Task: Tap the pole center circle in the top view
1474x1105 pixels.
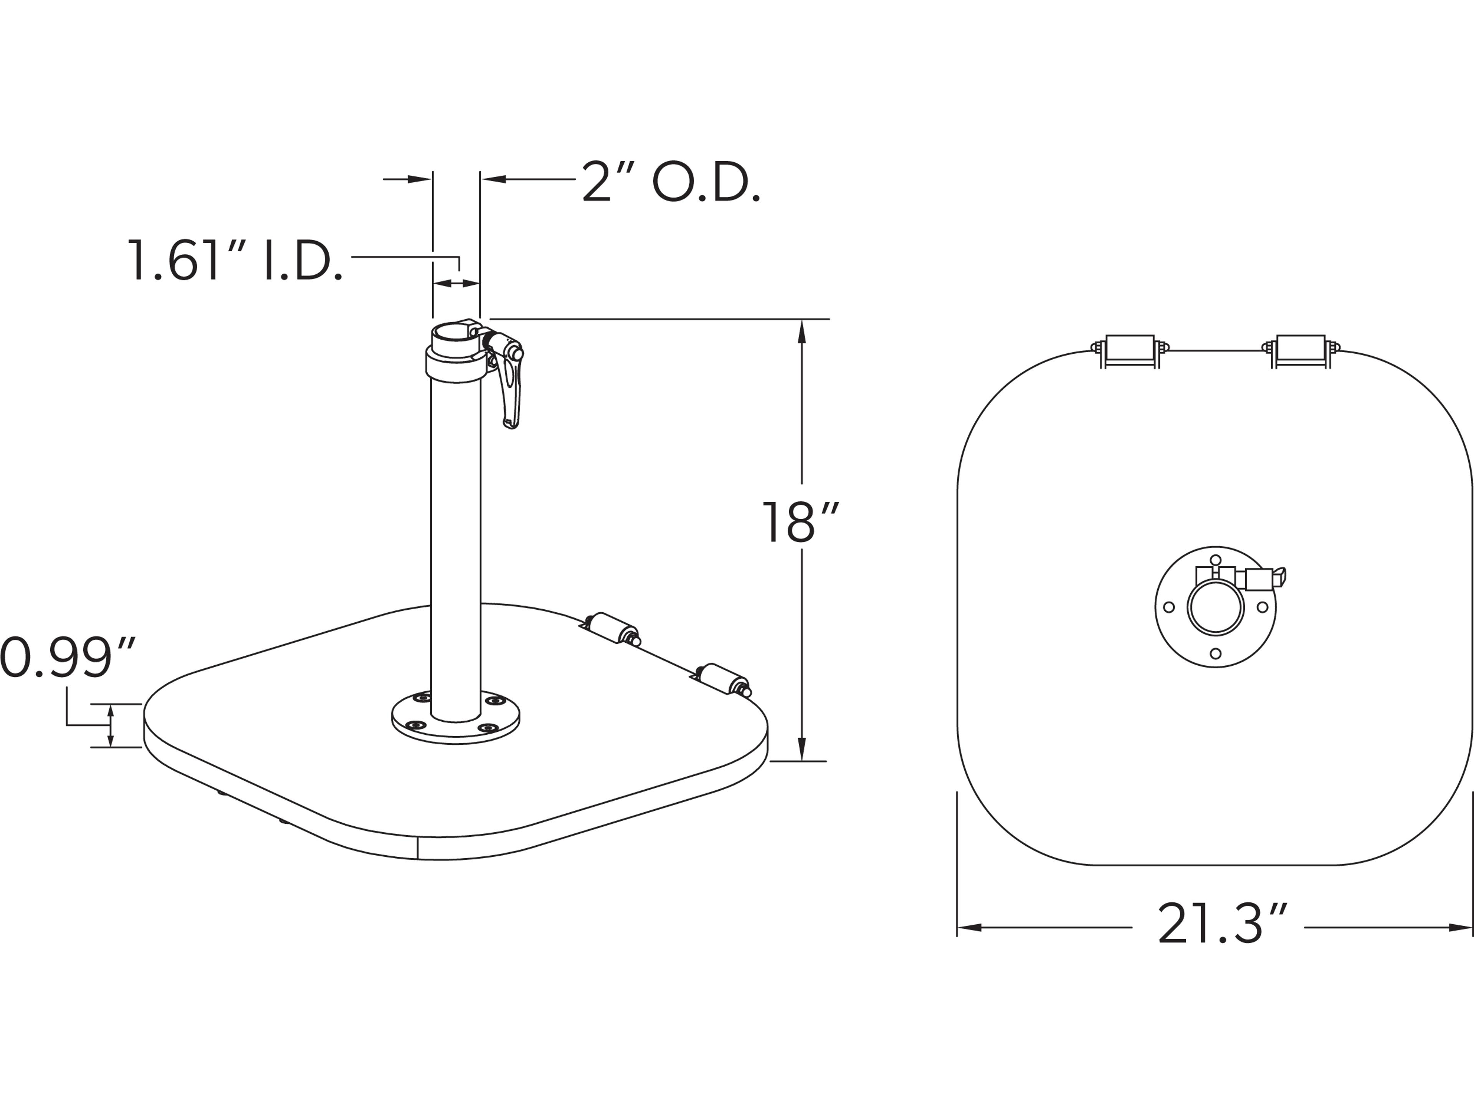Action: pos(1215,607)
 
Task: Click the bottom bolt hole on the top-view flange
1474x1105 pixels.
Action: pos(1215,653)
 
